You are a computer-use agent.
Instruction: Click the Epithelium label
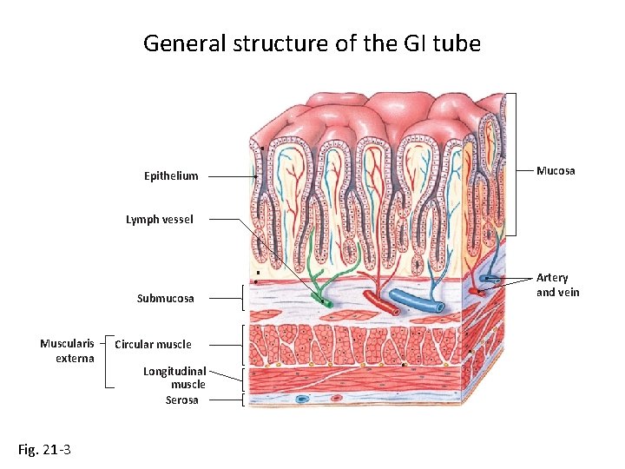[x=171, y=176]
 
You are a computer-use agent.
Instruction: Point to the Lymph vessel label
[x=160, y=220]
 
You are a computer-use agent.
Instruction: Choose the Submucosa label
[x=166, y=298]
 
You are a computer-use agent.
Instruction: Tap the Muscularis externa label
[x=67, y=351]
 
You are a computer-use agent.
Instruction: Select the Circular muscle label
[x=154, y=344]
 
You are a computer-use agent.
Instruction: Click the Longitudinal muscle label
[x=174, y=377]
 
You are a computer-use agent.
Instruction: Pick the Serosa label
[x=182, y=400]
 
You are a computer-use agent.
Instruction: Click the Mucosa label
[x=556, y=170]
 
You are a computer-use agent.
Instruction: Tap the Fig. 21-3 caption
[x=44, y=449]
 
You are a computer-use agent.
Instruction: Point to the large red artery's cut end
[x=393, y=309]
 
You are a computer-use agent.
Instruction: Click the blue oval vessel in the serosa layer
[x=302, y=400]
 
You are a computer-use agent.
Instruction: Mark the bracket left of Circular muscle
[x=106, y=360]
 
